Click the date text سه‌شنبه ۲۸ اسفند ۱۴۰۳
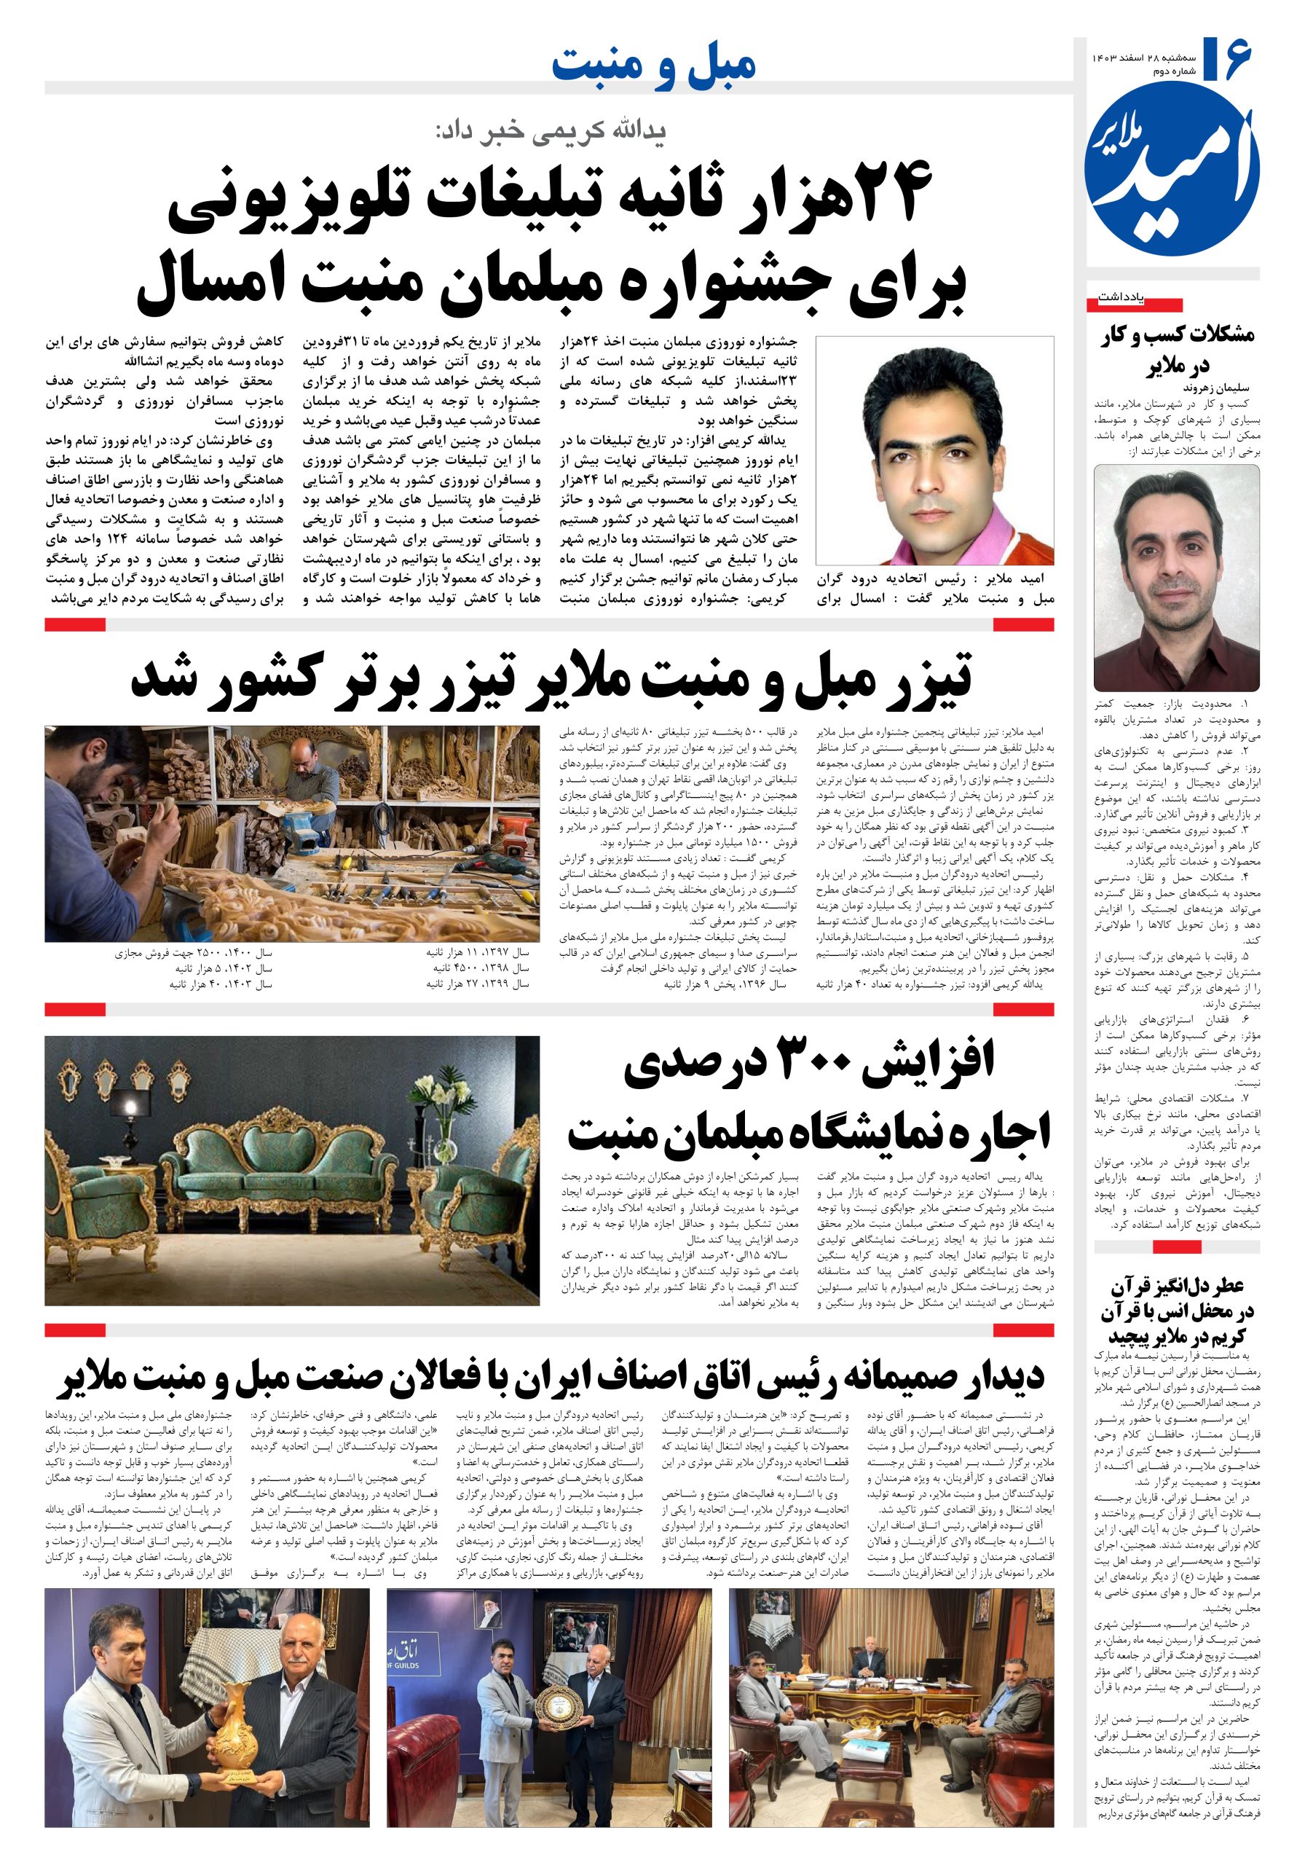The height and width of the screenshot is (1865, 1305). [x=1143, y=58]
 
